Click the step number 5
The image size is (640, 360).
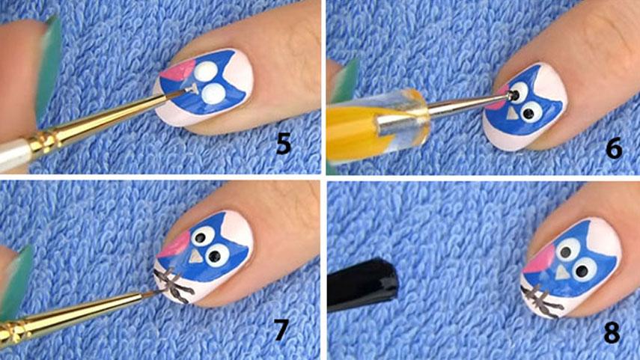[x=284, y=144]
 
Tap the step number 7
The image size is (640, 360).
[x=281, y=330]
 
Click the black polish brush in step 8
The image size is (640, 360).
[x=362, y=284]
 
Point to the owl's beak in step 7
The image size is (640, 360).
[x=195, y=257]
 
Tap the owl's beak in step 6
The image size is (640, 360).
[x=512, y=115]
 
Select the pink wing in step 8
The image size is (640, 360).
[x=540, y=259]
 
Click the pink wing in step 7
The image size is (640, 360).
[x=175, y=244]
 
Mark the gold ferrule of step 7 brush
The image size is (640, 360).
[x=12, y=332]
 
